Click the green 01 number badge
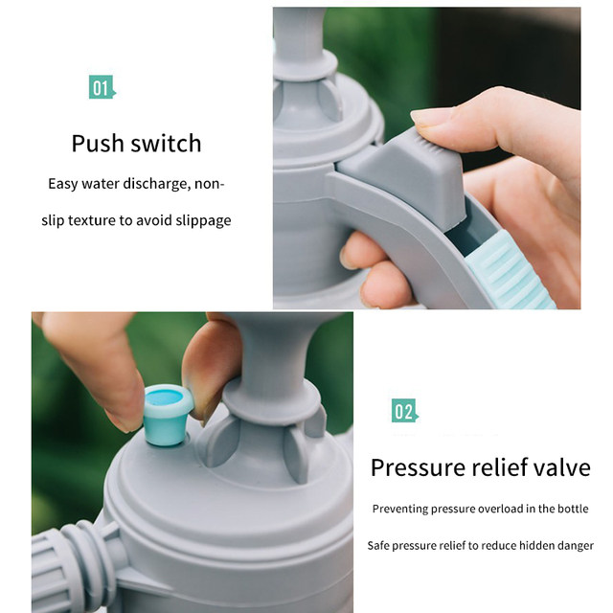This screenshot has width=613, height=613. coord(102,87)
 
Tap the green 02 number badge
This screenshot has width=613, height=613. coord(404,411)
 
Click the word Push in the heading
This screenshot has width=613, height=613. coord(98,144)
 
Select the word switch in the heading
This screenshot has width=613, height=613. coord(166,143)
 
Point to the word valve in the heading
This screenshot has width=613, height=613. coord(562,467)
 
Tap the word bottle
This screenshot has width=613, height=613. coord(573,509)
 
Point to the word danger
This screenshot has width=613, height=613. coord(575,546)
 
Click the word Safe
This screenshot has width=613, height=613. coord(378,545)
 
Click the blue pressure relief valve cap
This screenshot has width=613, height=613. coord(168,415)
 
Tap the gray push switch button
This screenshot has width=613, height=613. coord(406,176)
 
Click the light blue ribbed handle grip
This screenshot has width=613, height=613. coord(509,270)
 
